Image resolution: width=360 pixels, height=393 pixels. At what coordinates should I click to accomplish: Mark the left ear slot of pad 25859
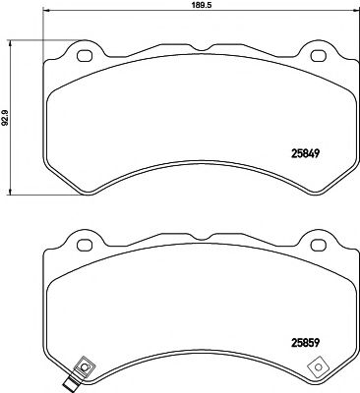(x=84, y=242)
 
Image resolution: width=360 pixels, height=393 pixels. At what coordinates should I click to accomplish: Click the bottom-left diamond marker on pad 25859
(x=85, y=367)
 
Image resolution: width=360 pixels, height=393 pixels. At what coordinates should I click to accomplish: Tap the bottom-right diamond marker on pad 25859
(x=318, y=367)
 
